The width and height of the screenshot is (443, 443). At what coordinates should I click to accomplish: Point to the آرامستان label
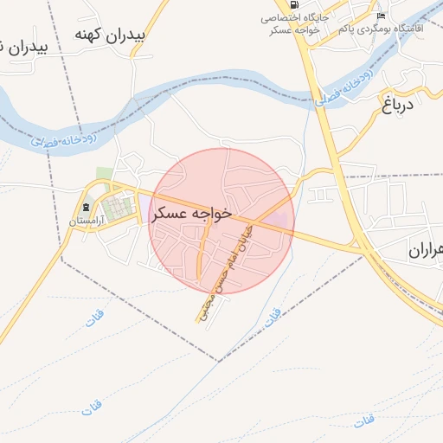click(87, 221)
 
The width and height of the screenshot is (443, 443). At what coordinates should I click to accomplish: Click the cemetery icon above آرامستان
click(85, 209)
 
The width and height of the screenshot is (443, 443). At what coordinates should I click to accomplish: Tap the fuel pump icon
click(294, 4)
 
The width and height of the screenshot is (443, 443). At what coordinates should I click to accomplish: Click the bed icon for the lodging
click(381, 16)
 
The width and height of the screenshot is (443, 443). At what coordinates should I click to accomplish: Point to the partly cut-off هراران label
click(425, 252)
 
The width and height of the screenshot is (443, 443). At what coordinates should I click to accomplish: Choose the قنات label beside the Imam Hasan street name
click(272, 317)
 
